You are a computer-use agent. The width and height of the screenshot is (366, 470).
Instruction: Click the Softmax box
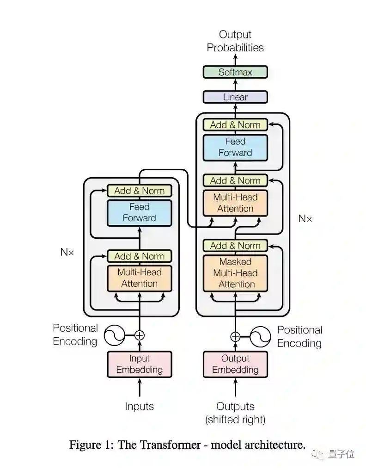click(235, 72)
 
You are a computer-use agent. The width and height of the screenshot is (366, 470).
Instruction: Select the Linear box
click(235, 97)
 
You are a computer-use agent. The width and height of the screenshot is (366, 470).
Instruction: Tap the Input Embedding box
click(139, 364)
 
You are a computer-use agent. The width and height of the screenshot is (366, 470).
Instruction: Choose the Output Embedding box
click(235, 364)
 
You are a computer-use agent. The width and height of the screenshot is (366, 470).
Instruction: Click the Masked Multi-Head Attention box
click(235, 273)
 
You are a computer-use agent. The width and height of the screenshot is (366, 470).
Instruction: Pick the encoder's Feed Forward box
click(139, 212)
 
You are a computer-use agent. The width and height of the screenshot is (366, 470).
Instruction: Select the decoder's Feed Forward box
click(235, 147)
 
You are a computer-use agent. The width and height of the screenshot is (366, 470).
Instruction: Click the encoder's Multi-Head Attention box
click(139, 278)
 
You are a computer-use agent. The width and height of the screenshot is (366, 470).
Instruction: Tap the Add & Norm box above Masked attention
click(235, 246)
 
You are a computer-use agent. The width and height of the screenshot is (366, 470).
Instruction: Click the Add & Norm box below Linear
click(235, 124)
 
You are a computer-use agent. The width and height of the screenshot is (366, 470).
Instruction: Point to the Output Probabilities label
click(235, 41)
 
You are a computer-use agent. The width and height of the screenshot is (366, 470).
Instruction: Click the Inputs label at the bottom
click(139, 406)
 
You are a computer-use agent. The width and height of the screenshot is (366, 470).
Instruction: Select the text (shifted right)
click(235, 420)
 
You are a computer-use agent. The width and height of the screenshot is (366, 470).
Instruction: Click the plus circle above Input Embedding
click(139, 335)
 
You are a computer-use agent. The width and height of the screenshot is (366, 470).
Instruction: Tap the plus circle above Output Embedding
click(235, 336)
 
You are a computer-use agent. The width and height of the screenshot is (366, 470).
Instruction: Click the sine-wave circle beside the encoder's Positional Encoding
click(114, 335)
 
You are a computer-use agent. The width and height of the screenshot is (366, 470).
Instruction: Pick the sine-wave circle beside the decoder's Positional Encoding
click(260, 336)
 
